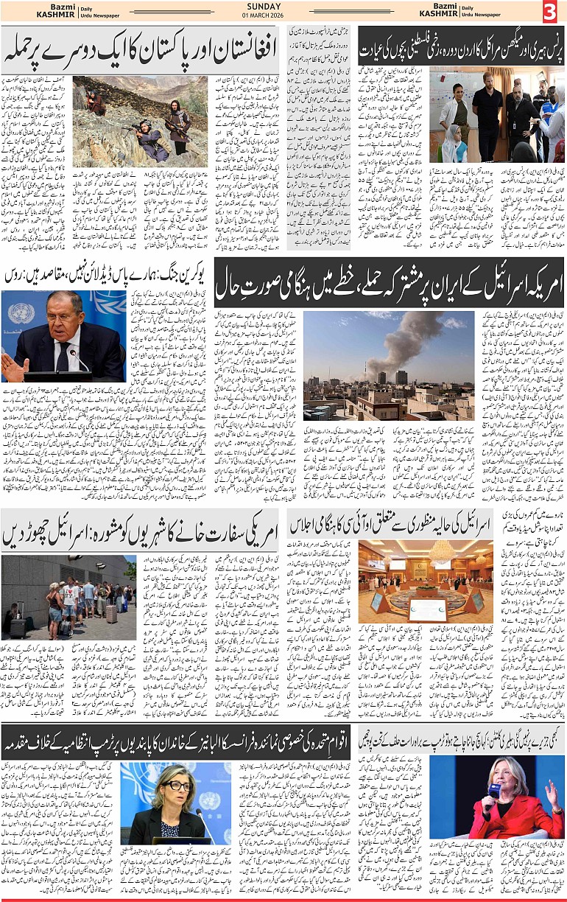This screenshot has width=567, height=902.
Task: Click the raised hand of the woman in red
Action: pos(549,796)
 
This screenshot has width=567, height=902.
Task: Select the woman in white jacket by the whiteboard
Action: pos(452,111)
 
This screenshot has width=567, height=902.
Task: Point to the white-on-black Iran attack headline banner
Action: pos(389,282)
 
